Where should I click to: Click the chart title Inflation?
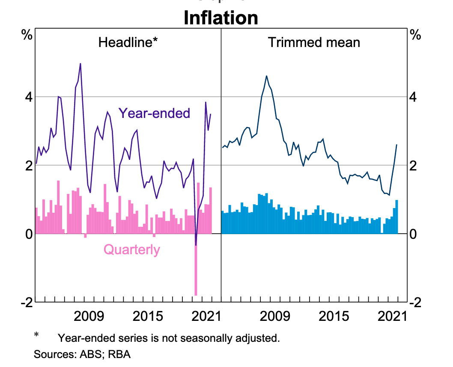[221, 18]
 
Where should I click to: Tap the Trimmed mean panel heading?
[314, 42]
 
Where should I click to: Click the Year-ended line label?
[154, 113]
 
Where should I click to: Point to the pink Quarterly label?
[132, 250]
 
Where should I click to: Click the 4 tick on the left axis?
[28, 97]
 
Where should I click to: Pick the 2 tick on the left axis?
[28, 165]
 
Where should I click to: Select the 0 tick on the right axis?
[414, 234]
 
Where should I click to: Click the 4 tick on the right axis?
[414, 97]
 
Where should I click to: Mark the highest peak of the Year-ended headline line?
[80, 64]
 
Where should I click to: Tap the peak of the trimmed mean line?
[266, 76]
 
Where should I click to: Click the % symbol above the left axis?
[27, 35]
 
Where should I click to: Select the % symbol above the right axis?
[415, 35]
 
